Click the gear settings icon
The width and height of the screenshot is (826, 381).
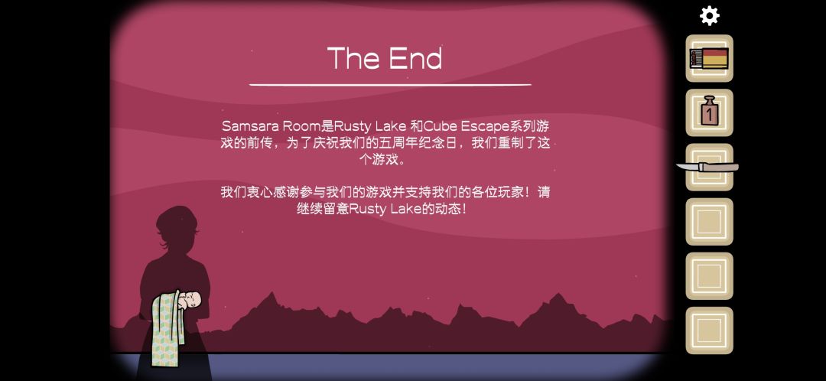point(709,16)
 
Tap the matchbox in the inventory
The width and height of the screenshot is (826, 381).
point(709,58)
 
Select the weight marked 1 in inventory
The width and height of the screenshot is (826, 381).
point(709,111)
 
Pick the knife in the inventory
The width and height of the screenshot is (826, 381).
point(707,167)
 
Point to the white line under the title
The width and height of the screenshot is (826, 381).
point(390,84)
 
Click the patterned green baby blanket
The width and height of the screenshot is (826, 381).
point(165,328)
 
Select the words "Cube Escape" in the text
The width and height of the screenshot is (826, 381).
point(472,126)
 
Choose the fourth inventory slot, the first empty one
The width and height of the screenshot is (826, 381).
point(709,221)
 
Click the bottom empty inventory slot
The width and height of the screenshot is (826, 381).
point(709,331)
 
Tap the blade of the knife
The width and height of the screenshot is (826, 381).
point(688,167)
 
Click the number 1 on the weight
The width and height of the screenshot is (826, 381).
point(709,113)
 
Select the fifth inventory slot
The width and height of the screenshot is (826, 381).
point(709,275)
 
